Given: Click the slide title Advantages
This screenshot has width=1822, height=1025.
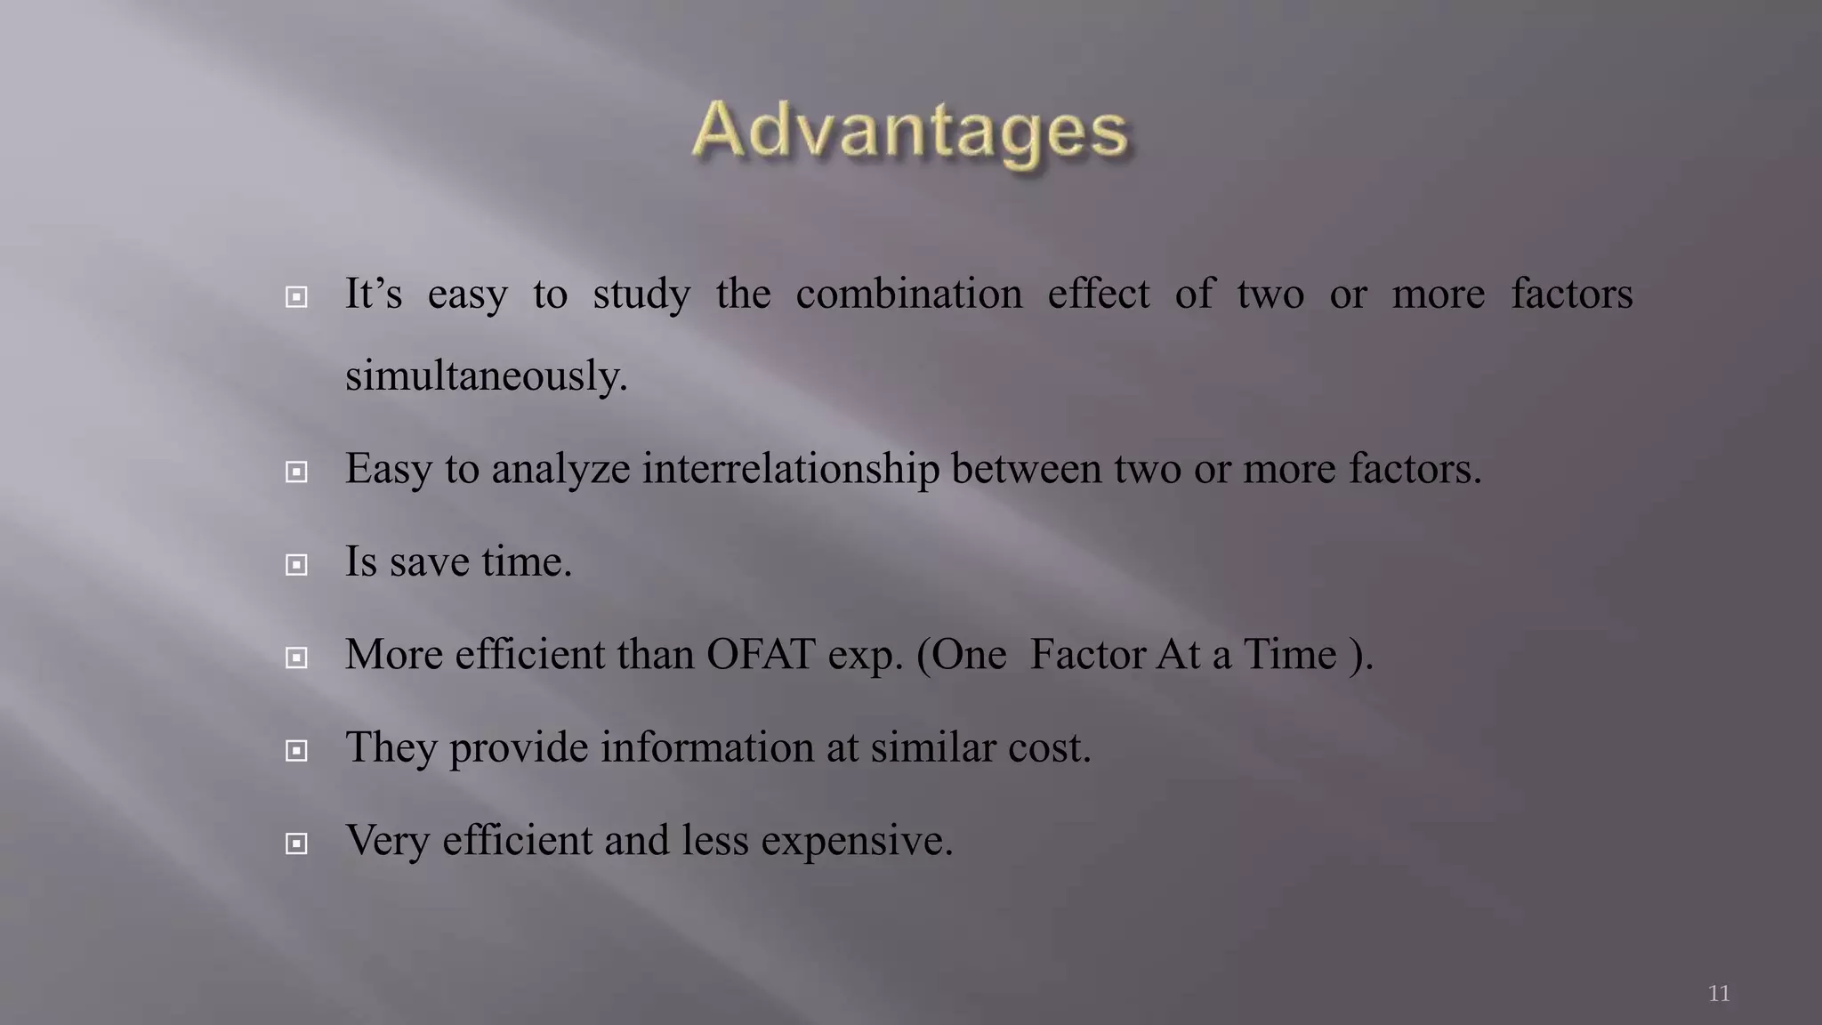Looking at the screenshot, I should (x=910, y=132).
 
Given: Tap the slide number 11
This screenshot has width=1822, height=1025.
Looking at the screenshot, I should (x=1719, y=993).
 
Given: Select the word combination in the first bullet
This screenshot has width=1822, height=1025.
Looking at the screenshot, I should (x=908, y=294).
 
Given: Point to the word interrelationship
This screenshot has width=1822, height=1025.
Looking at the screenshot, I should (x=790, y=469).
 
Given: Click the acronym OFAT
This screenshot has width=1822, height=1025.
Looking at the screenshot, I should (x=761, y=655).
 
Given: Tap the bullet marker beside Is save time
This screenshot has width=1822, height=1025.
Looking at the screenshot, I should (x=296, y=564).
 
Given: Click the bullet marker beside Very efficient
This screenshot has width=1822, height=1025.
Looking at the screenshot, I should (x=296, y=843).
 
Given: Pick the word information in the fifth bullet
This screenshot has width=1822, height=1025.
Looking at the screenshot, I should (x=706, y=747).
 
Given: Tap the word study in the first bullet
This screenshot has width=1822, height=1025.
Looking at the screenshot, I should (x=641, y=295).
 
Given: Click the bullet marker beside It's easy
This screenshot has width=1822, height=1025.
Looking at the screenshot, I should (x=296, y=296).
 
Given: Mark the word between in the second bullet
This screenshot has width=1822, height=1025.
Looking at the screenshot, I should (x=1026, y=469).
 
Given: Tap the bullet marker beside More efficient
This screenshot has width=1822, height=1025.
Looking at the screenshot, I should (x=296, y=658).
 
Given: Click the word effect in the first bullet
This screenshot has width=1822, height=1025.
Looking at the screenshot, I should (x=1098, y=294).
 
